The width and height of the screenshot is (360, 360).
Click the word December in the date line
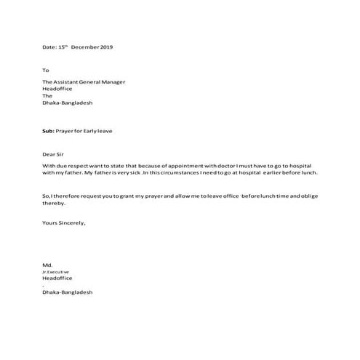[x=85, y=47]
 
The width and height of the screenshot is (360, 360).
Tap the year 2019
[x=105, y=47]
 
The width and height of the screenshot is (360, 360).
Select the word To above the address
[x=45, y=71]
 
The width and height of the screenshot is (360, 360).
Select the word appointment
[x=175, y=167]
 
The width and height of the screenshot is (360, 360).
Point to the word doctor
[x=211, y=167]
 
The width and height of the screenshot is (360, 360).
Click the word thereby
[x=53, y=204]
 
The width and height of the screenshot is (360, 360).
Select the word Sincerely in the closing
[x=72, y=223]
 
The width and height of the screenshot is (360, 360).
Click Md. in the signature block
[x=47, y=265]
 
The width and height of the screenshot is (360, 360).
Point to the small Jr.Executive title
[x=55, y=271]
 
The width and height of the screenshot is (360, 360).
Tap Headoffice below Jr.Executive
[x=57, y=278]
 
